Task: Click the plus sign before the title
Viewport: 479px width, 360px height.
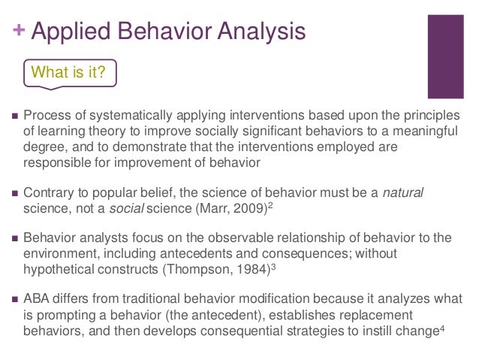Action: pyautogui.click(x=19, y=32)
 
